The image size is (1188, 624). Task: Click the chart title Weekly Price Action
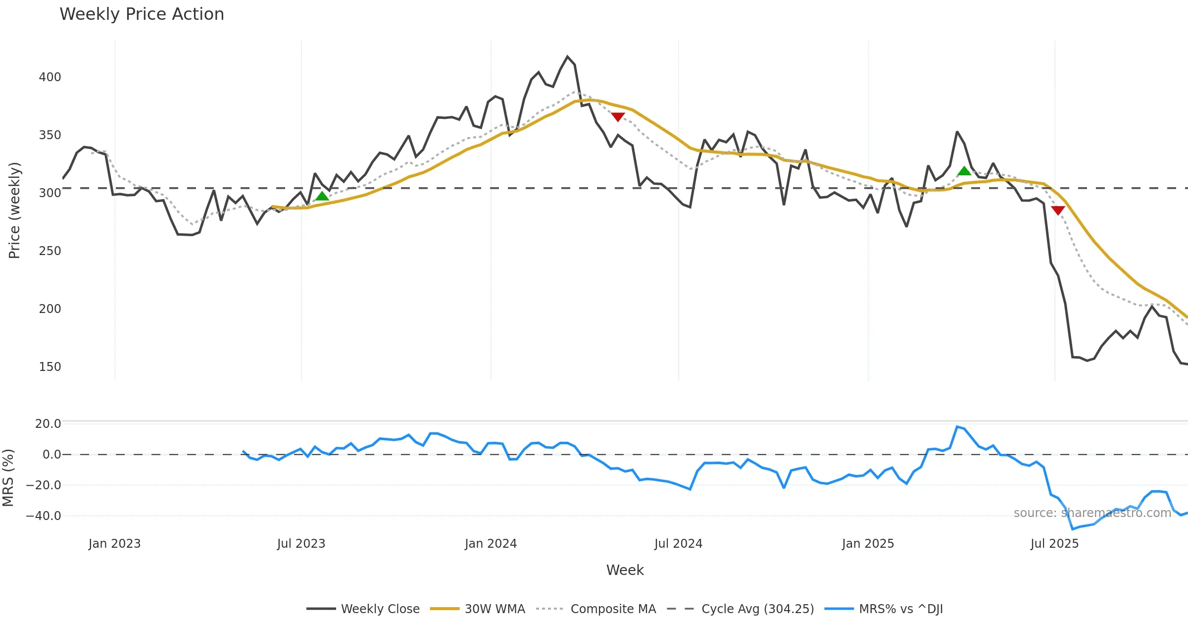(142, 14)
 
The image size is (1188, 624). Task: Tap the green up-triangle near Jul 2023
(322, 196)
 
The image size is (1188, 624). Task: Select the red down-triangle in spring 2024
(618, 117)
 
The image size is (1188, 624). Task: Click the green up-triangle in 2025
(964, 171)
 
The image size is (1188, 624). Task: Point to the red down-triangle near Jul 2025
(1058, 210)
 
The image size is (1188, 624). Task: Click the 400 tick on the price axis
(50, 77)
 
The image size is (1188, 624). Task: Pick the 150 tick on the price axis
(50, 367)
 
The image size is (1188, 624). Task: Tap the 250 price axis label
(50, 251)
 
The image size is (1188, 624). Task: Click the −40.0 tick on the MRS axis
(44, 516)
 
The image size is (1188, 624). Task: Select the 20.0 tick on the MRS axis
(48, 424)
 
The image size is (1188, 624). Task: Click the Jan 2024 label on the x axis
(491, 544)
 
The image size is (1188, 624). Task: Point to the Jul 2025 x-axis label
(1054, 544)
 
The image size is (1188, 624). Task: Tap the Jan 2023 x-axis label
(115, 544)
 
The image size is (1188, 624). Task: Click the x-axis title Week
(625, 571)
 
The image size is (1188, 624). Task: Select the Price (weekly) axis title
(15, 210)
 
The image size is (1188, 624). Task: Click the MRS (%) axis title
(8, 478)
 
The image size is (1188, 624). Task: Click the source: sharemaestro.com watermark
(1092, 513)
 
